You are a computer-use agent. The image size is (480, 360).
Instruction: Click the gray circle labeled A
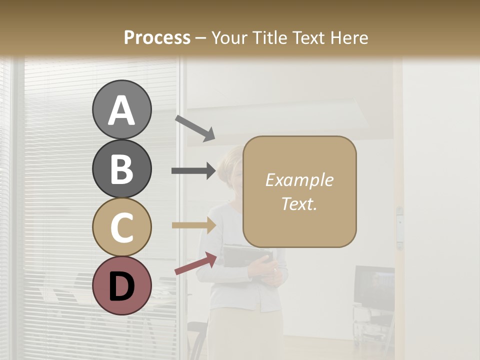121,110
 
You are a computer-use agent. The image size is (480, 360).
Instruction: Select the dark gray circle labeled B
121,168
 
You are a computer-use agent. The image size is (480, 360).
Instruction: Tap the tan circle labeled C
121,227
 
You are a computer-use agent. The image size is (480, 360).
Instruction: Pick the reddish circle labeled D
121,285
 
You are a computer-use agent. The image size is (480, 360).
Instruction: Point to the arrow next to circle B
193,171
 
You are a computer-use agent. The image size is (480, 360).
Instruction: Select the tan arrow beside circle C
193,225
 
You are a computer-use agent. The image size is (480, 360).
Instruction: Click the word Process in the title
157,37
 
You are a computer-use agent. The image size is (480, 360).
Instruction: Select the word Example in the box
299,180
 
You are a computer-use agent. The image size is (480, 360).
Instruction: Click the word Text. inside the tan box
299,203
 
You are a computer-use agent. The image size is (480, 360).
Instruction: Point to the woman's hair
230,157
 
